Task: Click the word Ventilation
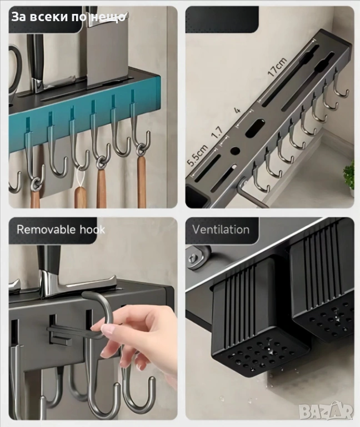click(221, 230)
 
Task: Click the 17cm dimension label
click(277, 67)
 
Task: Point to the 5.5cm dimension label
click(198, 155)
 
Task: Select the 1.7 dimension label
click(217, 133)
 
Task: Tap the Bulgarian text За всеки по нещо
click(68, 17)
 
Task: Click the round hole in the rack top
click(235, 150)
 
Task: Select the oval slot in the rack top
click(255, 128)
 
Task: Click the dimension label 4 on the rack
click(237, 110)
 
